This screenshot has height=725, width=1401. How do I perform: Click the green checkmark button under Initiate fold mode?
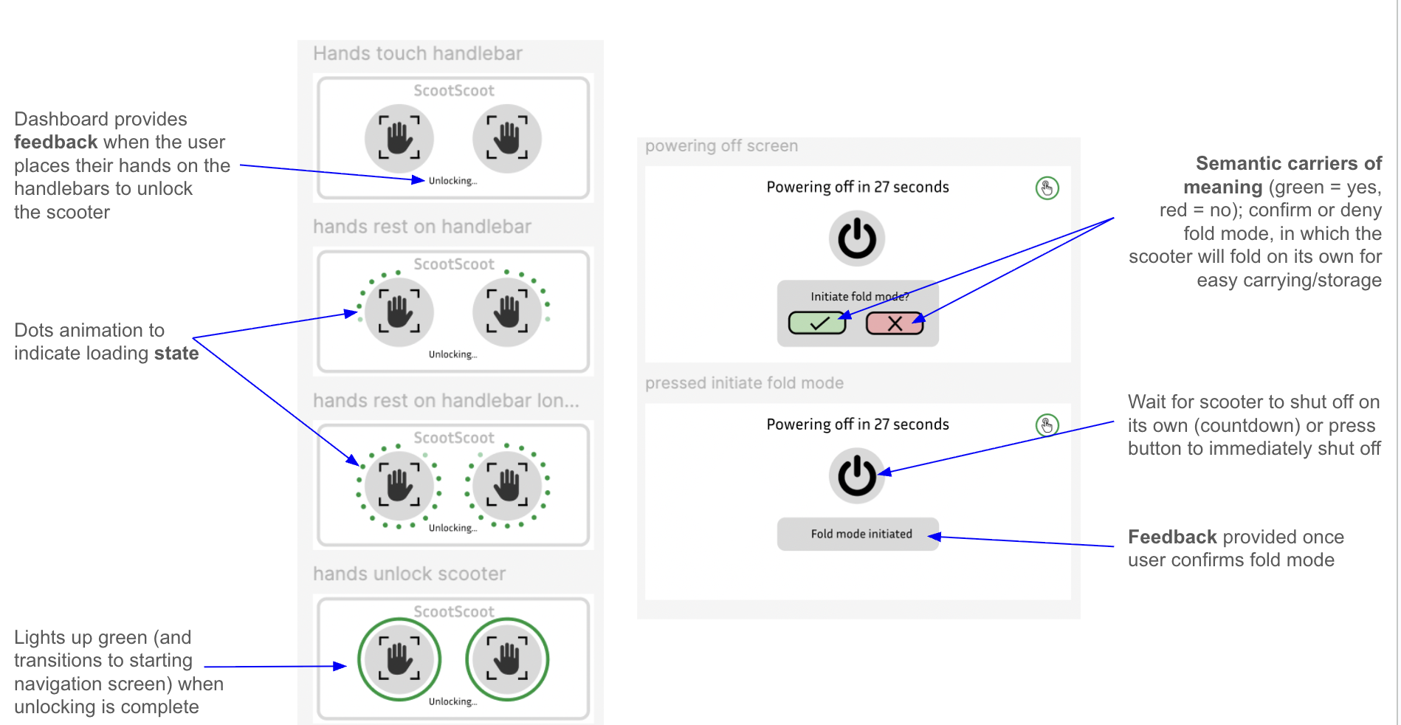[x=817, y=323]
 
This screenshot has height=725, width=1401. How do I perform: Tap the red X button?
[x=895, y=323]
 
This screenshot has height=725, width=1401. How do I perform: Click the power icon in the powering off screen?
[x=857, y=238]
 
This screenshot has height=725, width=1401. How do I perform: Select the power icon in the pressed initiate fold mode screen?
[x=857, y=475]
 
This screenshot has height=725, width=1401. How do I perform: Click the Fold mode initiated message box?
[x=858, y=534]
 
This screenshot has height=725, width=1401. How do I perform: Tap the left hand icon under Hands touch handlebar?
[x=399, y=138]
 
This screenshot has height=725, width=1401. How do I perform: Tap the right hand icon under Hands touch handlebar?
[x=507, y=138]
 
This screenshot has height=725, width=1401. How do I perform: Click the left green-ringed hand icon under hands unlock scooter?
[x=399, y=659]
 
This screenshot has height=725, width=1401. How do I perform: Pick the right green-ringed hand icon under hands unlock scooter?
[x=507, y=659]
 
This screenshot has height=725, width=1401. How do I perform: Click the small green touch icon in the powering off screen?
[x=1047, y=188]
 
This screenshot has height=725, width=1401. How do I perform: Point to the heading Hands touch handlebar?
[x=418, y=54]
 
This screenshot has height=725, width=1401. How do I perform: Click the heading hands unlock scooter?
[x=409, y=574]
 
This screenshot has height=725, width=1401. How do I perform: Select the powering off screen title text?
[x=721, y=146]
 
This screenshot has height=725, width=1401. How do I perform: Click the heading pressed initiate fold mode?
[x=744, y=383]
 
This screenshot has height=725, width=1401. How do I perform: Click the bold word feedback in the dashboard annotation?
[x=55, y=142]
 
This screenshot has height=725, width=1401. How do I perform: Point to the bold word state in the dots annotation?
[x=176, y=354]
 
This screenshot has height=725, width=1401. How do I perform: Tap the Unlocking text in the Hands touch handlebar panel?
[x=452, y=181]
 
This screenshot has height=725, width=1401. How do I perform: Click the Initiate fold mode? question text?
[x=860, y=297]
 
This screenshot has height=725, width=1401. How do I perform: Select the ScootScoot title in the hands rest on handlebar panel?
[x=454, y=264]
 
